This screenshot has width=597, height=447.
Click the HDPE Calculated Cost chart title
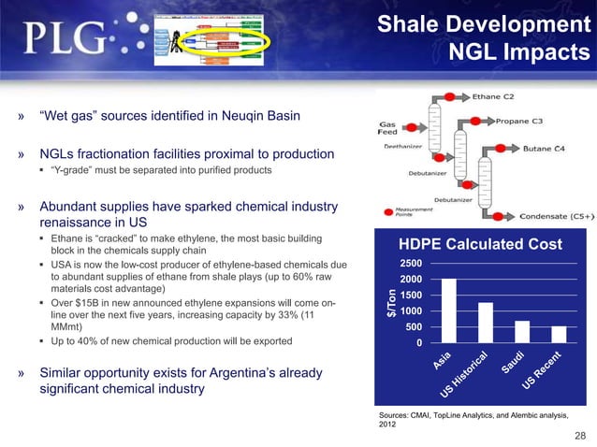(481, 244)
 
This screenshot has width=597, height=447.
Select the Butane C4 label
(543, 149)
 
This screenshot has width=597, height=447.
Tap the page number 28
(581, 436)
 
